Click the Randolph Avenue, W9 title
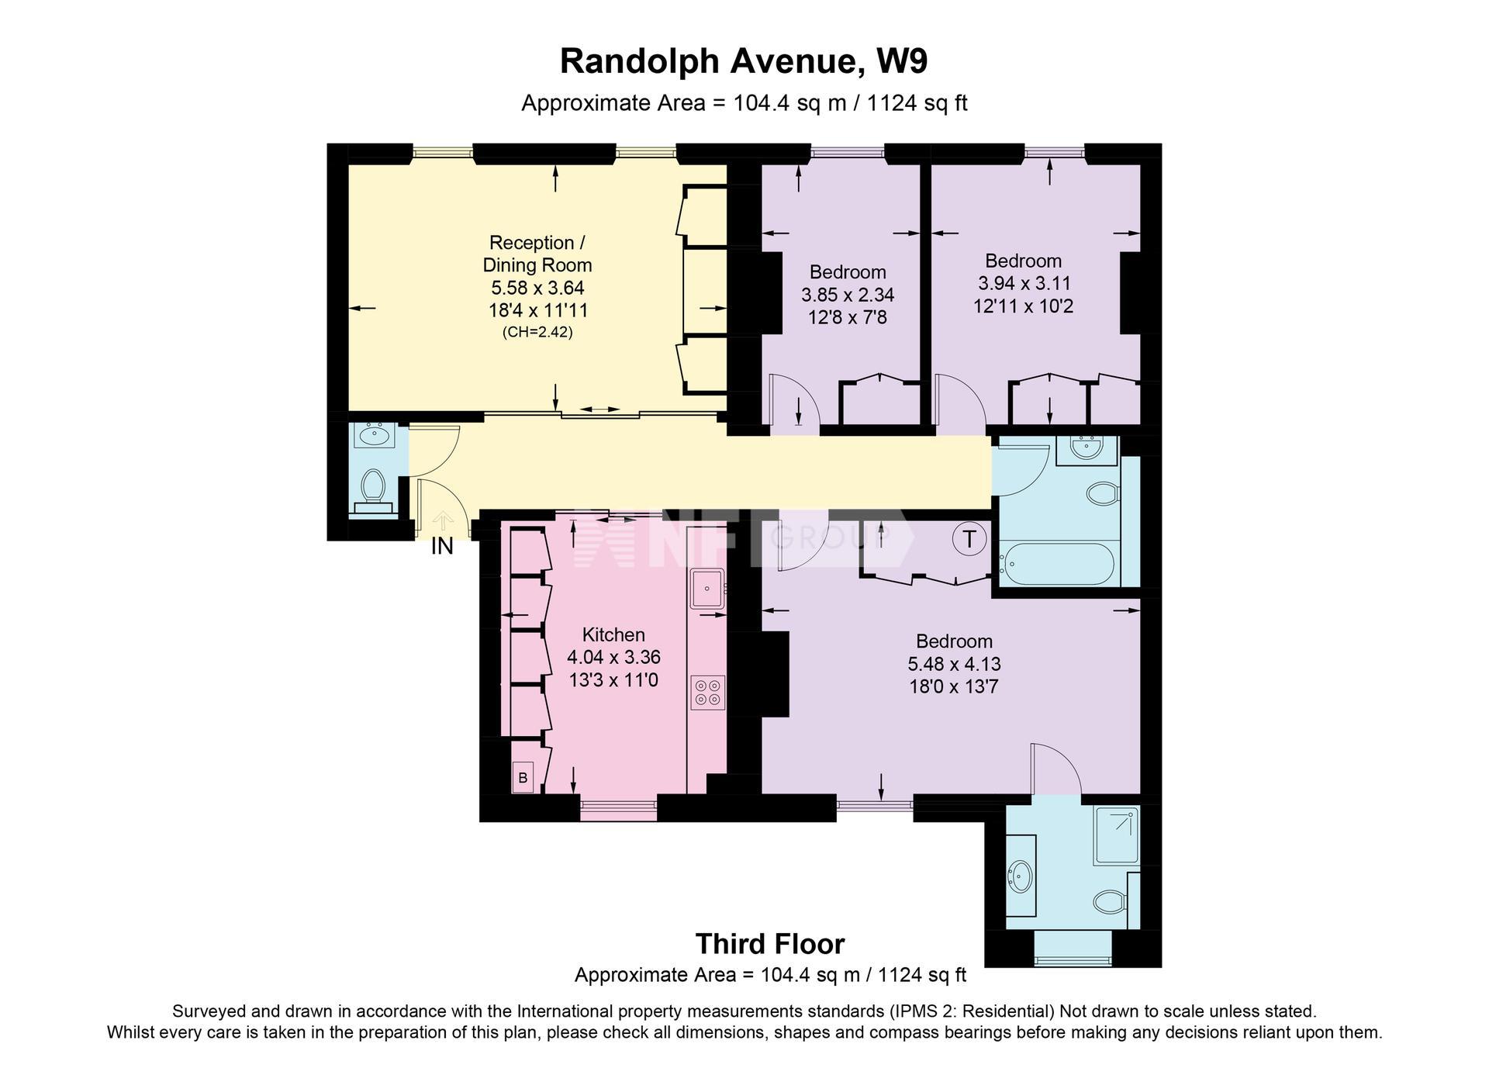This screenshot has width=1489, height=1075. (x=744, y=61)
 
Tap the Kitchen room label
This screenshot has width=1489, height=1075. (x=613, y=634)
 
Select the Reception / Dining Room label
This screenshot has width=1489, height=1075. (x=537, y=254)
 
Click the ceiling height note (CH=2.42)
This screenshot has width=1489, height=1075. (x=537, y=333)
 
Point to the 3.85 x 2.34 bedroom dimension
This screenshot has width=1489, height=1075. (x=848, y=295)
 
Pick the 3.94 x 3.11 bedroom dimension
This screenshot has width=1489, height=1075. (x=1024, y=283)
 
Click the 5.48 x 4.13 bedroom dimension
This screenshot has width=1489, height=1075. (x=955, y=664)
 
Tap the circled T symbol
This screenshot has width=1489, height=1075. (x=969, y=537)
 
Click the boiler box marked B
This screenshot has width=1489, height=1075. (x=523, y=777)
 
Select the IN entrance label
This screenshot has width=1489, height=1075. (x=442, y=546)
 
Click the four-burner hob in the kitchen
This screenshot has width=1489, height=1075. (x=707, y=693)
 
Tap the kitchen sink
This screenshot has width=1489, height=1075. (x=707, y=588)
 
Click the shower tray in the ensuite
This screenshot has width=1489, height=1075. (x=1116, y=836)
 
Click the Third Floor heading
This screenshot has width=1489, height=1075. (x=770, y=944)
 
